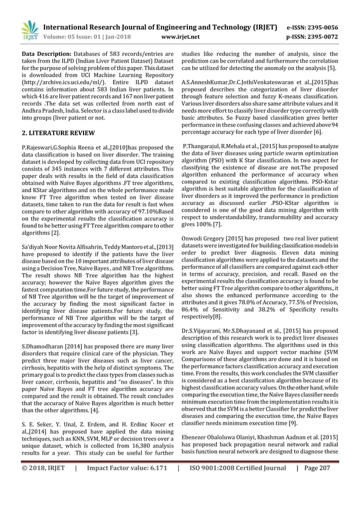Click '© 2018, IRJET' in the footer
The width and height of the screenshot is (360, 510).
point(43,499)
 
